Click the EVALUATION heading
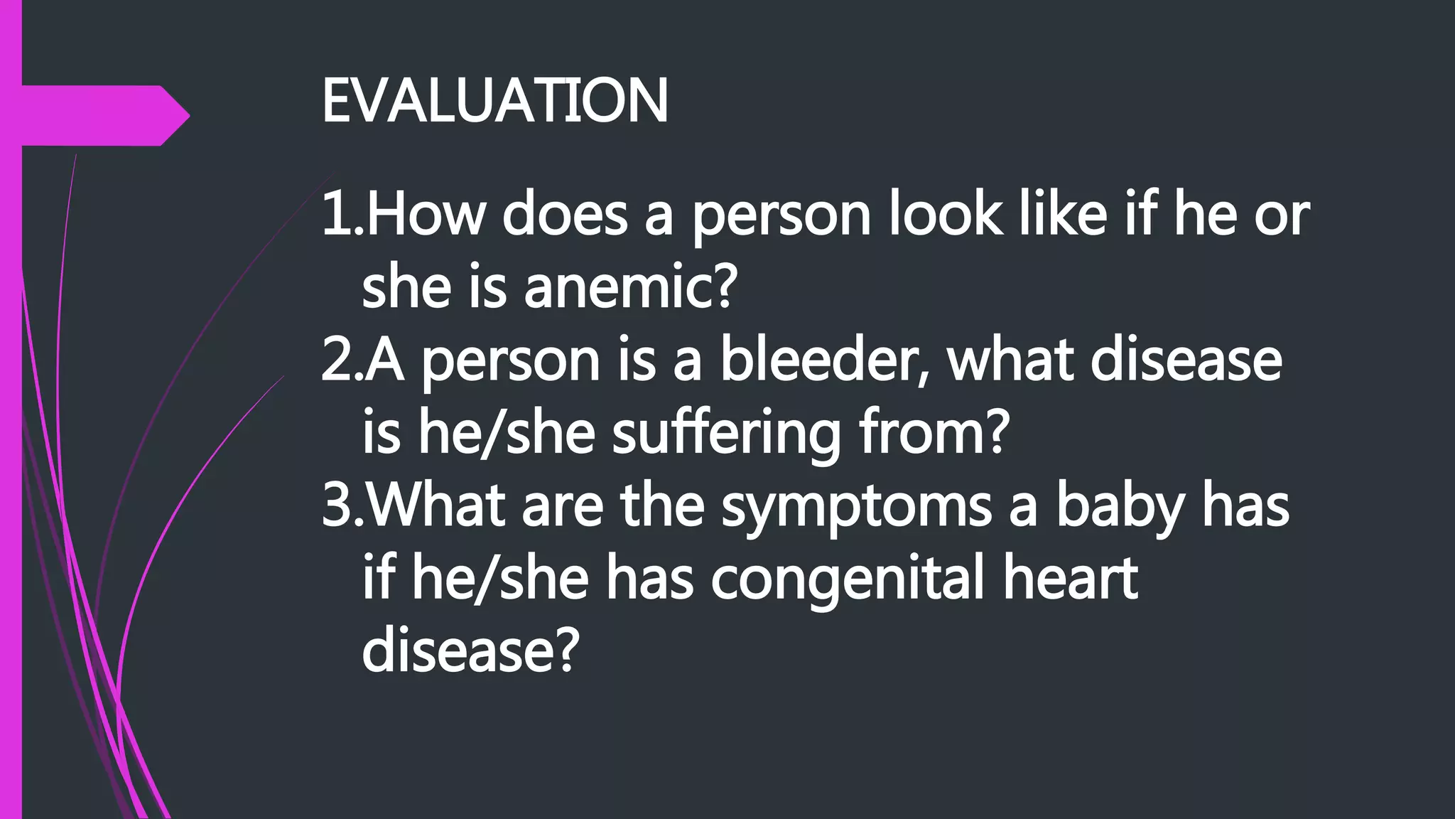tap(495, 101)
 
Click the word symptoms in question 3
tap(856, 507)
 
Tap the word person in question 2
tap(510, 363)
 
